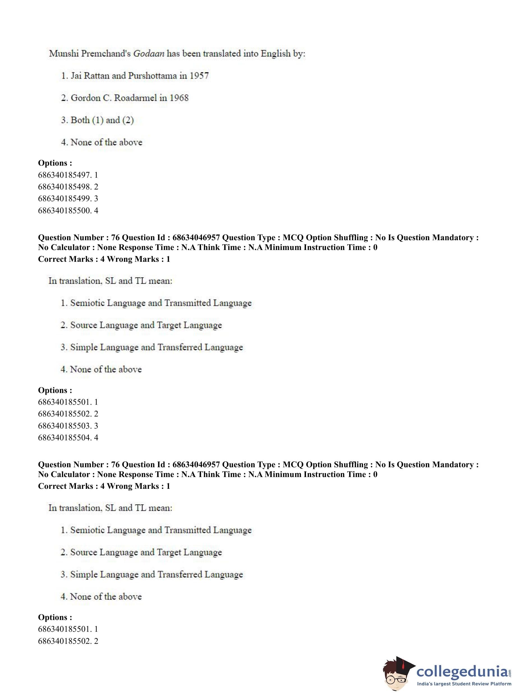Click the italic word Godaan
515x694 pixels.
tap(149, 54)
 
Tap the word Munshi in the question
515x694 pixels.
tap(64, 54)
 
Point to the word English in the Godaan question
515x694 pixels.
tap(275, 54)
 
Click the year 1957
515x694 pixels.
tap(199, 76)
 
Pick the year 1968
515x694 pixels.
tap(179, 98)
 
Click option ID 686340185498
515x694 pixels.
tap(65, 187)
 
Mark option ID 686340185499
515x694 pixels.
tap(65, 198)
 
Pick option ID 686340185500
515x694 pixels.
tap(65, 210)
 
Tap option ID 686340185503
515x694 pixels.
tap(65, 425)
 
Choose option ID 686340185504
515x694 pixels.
tap(65, 437)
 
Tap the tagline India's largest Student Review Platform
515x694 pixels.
tap(464, 684)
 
